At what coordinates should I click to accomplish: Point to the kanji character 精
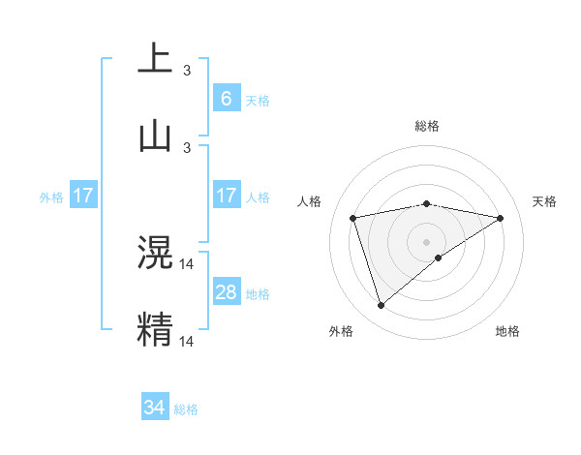[x=155, y=328]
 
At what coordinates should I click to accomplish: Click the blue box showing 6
[x=226, y=98]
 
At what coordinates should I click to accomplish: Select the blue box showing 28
[x=226, y=292]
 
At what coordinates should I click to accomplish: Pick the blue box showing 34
[x=155, y=408]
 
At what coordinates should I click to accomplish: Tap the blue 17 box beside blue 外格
[x=83, y=196]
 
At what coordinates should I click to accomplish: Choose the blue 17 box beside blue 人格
[x=226, y=196]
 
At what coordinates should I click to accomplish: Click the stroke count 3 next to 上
[x=187, y=71]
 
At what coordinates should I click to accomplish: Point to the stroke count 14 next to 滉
[x=187, y=263]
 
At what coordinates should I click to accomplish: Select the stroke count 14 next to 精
[x=187, y=341]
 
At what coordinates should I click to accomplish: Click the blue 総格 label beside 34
[x=186, y=409]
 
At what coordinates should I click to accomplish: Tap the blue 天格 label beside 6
[x=257, y=101]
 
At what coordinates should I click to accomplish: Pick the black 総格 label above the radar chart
[x=427, y=126]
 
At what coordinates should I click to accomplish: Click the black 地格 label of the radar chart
[x=507, y=331]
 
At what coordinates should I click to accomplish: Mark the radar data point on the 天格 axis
[x=501, y=218]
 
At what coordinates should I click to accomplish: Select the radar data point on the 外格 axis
[x=381, y=306]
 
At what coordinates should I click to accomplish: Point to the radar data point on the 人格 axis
[x=353, y=218]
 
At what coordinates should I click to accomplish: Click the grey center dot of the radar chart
[x=427, y=241]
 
